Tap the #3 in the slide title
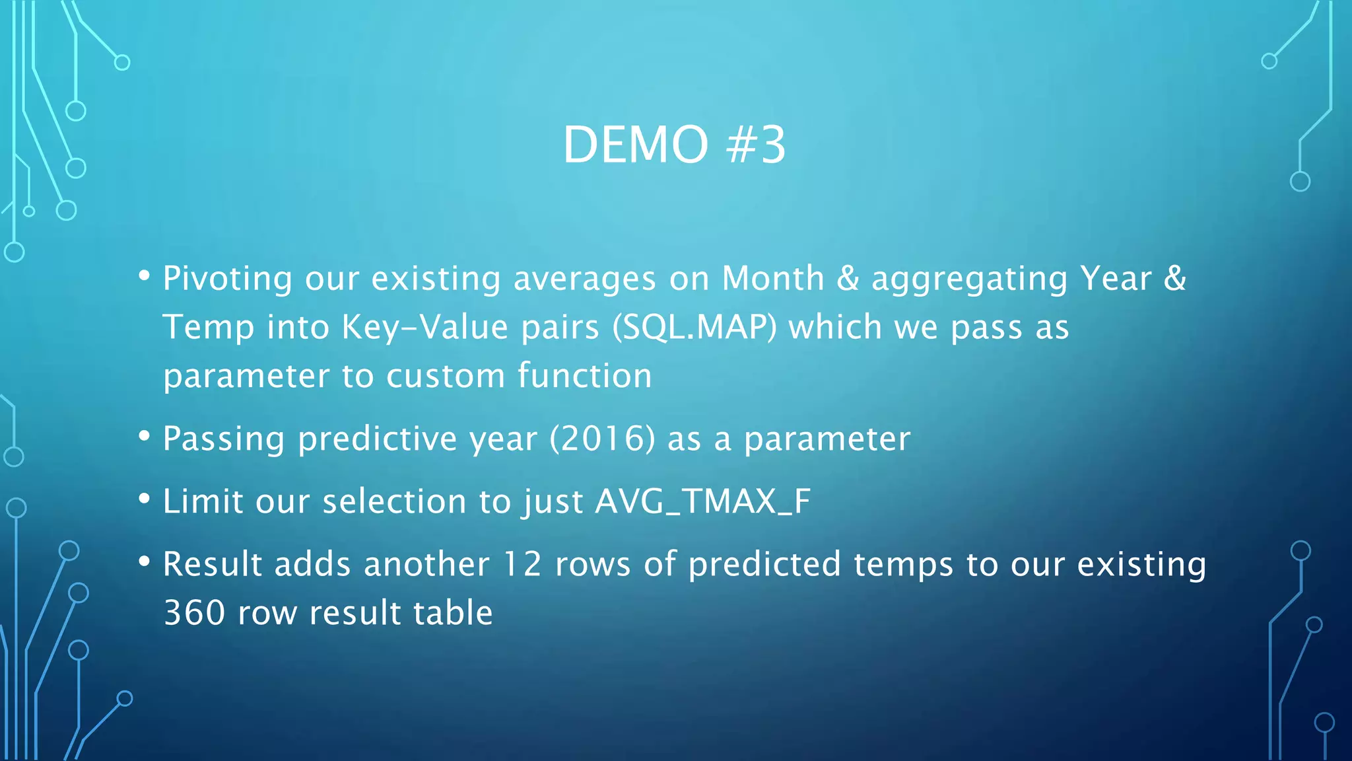pyautogui.click(x=756, y=145)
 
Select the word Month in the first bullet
pyautogui.click(x=773, y=278)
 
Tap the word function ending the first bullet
pyautogui.click(x=584, y=375)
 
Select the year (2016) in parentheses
pyautogui.click(x=603, y=439)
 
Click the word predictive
pyautogui.click(x=377, y=439)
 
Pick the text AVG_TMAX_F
pyautogui.click(x=702, y=501)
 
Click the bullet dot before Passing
pyautogui.click(x=145, y=436)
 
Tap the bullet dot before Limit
pyautogui.click(x=145, y=499)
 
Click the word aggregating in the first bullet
pyautogui.click(x=969, y=278)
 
